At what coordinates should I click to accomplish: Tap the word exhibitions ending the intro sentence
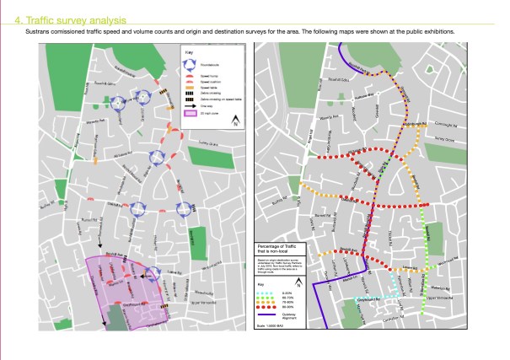pyautogui.click(x=437, y=31)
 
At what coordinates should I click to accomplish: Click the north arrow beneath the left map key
pyautogui.click(x=235, y=121)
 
